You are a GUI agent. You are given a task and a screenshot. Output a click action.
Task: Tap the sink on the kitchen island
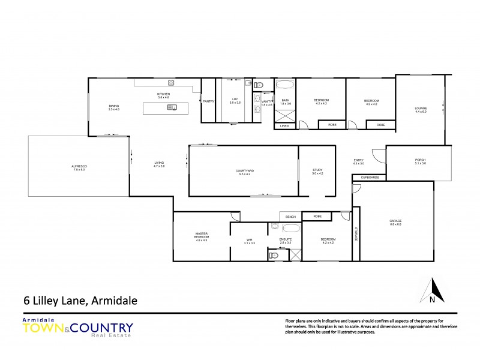(x=172, y=108)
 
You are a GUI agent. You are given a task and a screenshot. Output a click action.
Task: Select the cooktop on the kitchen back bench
(x=171, y=82)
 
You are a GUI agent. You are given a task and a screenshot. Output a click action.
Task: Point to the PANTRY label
(x=208, y=101)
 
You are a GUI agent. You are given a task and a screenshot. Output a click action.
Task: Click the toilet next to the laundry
(x=259, y=85)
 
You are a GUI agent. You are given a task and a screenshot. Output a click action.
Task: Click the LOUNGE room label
(x=420, y=109)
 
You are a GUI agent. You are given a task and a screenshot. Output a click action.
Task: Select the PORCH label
(x=420, y=160)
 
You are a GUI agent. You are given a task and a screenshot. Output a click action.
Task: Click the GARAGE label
(x=396, y=221)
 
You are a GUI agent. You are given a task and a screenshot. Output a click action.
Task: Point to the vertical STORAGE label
(x=356, y=234)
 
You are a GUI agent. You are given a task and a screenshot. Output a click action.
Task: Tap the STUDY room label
(x=317, y=170)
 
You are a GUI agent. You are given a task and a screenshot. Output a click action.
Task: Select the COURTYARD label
(x=245, y=170)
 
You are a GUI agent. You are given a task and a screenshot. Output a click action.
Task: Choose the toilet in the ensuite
(x=275, y=256)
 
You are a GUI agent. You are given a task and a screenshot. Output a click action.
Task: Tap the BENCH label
(x=290, y=216)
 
